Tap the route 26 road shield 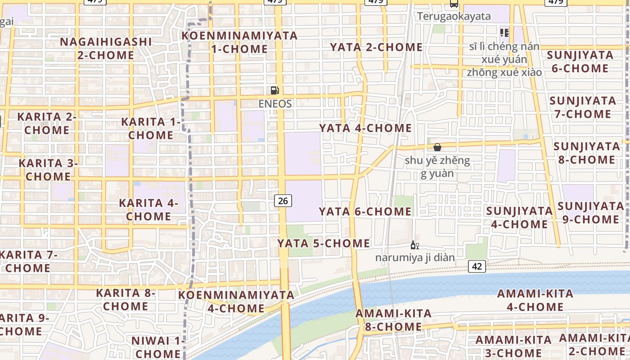[283, 201]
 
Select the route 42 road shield [477, 266]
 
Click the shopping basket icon [437, 147]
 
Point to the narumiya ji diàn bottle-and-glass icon [414, 245]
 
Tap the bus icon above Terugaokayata [454, 4]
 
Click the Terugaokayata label [454, 17]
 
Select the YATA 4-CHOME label [365, 128]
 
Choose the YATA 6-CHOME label [365, 211]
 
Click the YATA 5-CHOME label [324, 243]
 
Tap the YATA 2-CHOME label [376, 47]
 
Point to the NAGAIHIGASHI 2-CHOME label [106, 49]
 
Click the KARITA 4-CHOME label [148, 210]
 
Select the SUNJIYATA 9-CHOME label [590, 213]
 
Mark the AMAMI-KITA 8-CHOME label [394, 320]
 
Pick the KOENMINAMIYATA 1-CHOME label [239, 42]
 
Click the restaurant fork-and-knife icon [504, 32]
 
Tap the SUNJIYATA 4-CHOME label [519, 217]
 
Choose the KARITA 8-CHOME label [126, 300]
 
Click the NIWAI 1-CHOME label [158, 347]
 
